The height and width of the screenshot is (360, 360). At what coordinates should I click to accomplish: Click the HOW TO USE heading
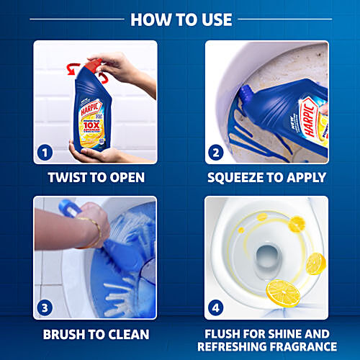180,19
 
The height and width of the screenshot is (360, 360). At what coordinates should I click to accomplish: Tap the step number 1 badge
45,153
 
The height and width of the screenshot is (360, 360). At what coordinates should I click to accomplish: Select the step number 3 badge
45,307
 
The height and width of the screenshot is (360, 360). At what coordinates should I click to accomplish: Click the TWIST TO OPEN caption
95,177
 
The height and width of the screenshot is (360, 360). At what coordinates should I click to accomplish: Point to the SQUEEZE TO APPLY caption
266,177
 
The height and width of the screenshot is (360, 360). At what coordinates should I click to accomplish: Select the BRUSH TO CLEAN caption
95,334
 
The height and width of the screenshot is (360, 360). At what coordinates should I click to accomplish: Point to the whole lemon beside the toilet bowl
315,264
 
